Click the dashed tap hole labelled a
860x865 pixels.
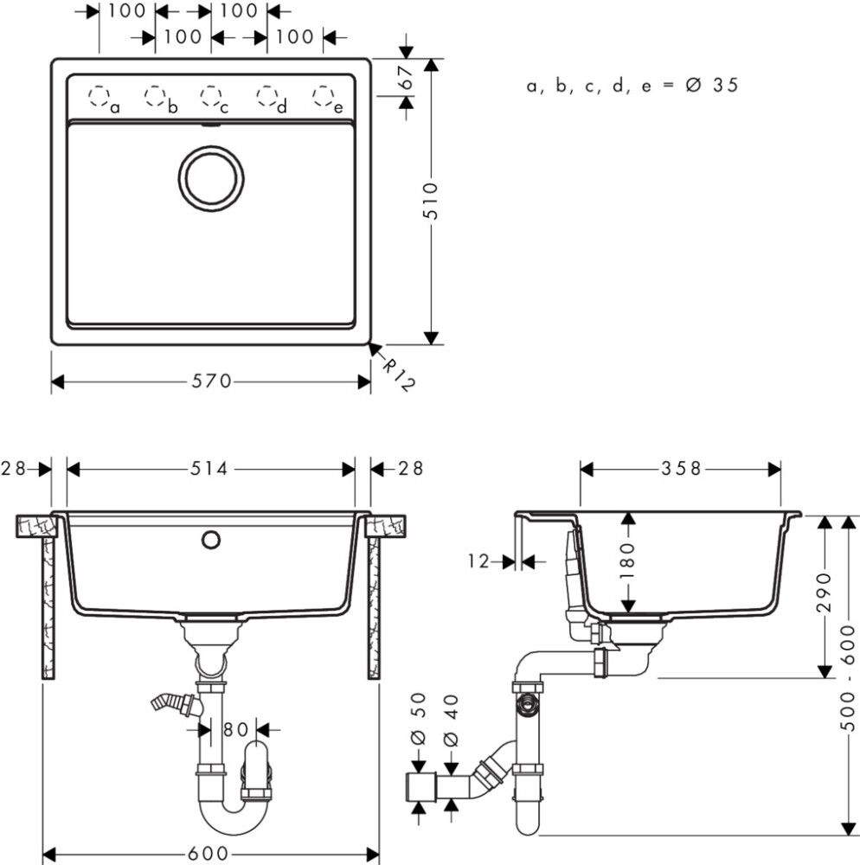100,95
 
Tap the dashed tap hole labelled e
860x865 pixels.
323,95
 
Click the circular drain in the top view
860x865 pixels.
211,176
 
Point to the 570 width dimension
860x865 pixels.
211,381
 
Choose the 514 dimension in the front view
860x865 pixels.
210,469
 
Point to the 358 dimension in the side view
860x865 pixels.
682,469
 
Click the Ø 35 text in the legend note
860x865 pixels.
712,86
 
